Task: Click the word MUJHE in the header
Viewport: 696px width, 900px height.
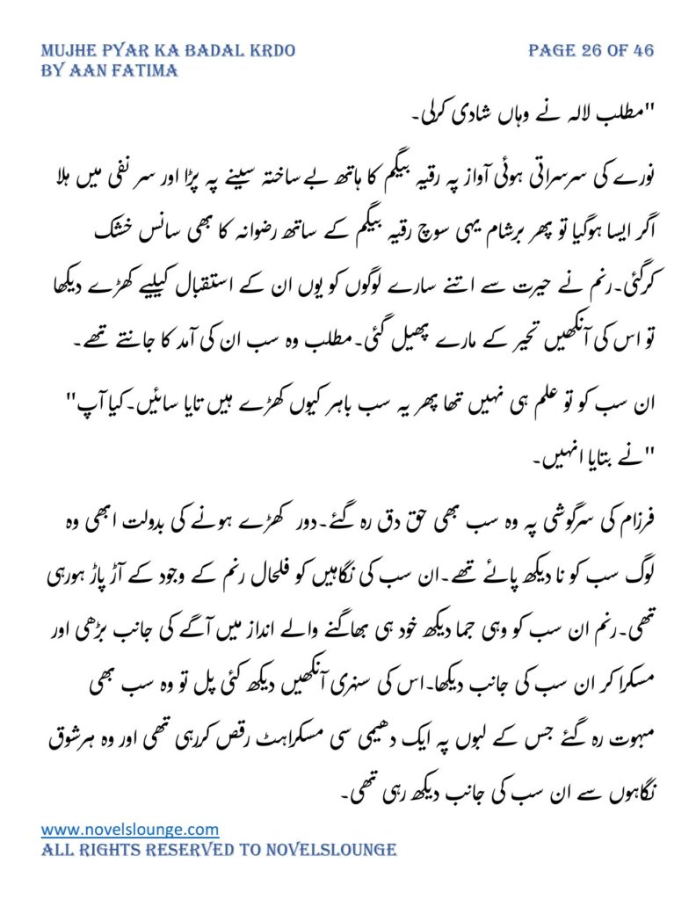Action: coord(70,50)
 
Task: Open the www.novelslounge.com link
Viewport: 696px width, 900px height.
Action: coord(130,829)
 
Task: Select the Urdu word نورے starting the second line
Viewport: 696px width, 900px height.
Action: coord(634,178)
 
